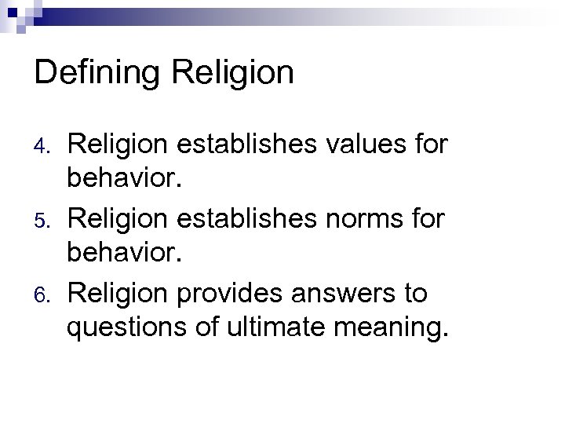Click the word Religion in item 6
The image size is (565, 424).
click(x=115, y=294)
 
